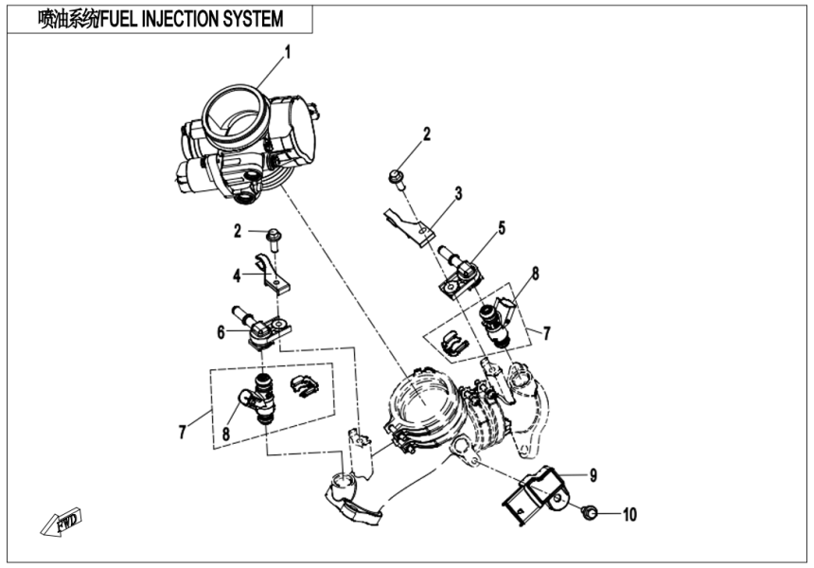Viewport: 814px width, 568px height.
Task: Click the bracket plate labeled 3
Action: point(408,223)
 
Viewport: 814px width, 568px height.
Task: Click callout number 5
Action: point(502,227)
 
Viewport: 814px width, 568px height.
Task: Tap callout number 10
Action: point(629,515)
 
